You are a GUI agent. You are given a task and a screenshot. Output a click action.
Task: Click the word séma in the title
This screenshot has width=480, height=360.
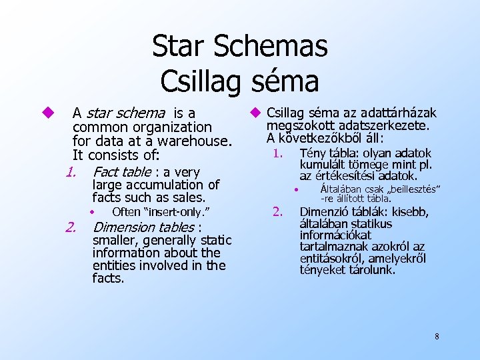[286, 81]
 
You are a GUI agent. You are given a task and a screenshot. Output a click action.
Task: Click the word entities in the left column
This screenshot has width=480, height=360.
[116, 265]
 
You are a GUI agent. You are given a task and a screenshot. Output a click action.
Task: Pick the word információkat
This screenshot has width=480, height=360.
[335, 235]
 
